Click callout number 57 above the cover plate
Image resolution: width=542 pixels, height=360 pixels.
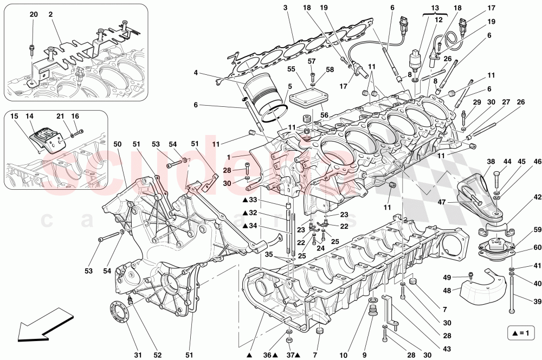[x=312, y=61]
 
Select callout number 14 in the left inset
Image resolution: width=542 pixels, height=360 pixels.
[x=29, y=117]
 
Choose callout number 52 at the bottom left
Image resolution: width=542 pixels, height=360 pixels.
[x=158, y=355]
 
